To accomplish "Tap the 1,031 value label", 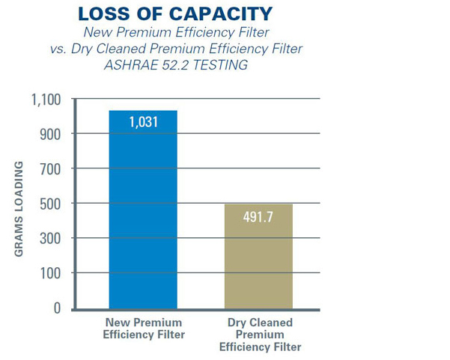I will (143, 121).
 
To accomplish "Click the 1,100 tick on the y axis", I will (46, 100).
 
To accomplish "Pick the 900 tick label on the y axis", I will (50, 134).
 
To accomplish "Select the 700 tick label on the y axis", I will (50, 169).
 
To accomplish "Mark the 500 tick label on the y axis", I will (50, 204).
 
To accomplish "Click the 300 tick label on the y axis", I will (50, 239).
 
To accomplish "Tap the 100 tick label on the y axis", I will (50, 273).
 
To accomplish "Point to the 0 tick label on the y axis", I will (57, 308).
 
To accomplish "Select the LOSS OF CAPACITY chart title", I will (175, 14).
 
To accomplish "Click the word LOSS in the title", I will (104, 14).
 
